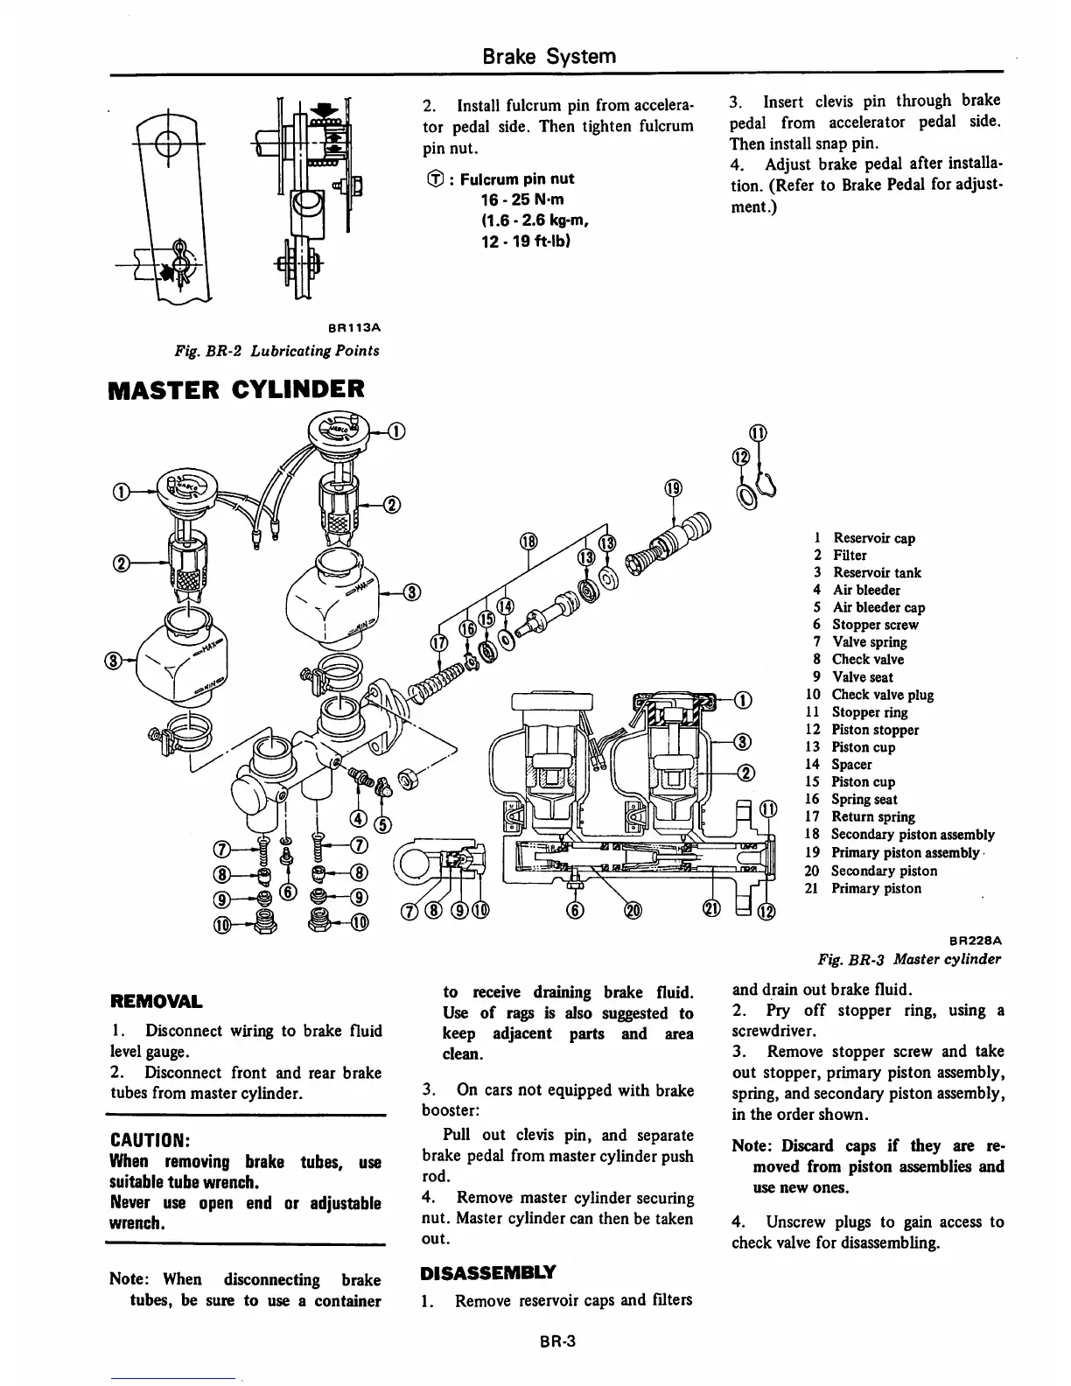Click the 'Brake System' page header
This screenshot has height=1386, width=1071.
coord(549,57)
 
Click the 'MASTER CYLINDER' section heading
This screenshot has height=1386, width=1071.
coord(234,388)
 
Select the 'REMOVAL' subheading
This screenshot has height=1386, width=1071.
coord(155,1001)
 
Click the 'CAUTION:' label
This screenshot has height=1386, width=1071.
coord(144,1141)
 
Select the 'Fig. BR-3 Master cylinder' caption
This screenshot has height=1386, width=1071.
coord(909,959)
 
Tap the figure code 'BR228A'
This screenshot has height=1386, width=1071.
coord(975,940)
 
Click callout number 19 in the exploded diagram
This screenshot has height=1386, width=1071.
coord(673,488)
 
